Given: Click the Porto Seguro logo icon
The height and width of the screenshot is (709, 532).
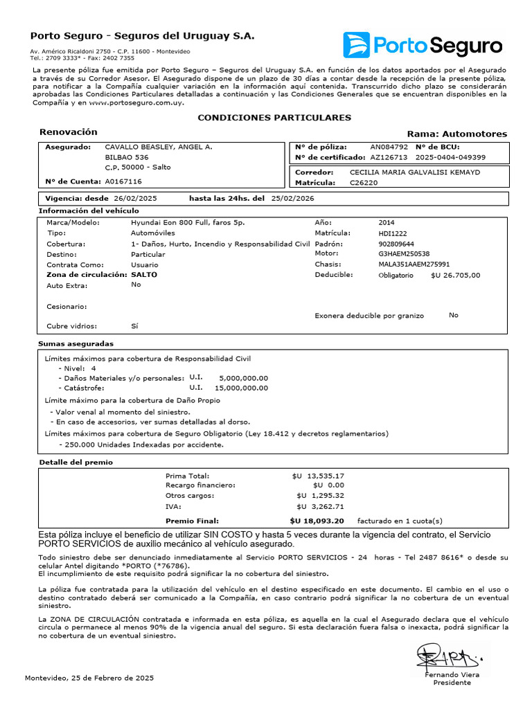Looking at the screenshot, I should click(357, 45).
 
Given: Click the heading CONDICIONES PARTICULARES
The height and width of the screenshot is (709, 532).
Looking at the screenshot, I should click(274, 118).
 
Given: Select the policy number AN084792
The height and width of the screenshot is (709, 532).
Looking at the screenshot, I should click(389, 147).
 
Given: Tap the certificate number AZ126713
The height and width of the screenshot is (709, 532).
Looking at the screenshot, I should click(389, 157).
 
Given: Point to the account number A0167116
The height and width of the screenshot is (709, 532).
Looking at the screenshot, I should click(123, 181).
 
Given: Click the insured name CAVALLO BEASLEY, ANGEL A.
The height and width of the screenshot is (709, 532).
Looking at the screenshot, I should click(158, 147).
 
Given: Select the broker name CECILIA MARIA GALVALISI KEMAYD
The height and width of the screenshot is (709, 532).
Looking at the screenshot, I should click(415, 172).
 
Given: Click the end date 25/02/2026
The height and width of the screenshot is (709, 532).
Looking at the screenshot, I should click(293, 199).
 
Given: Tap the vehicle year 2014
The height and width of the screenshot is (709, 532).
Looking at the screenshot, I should click(387, 223).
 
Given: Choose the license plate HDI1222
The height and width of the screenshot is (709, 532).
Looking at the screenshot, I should click(392, 233).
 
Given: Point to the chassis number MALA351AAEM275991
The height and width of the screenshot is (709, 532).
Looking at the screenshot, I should click(414, 264).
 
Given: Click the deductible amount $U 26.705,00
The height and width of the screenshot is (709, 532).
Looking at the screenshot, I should click(455, 275).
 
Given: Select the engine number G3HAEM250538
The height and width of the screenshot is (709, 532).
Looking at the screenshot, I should click(404, 254).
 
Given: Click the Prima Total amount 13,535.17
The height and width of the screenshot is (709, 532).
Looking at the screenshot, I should click(326, 476).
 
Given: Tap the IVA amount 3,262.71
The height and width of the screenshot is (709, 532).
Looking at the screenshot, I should click(328, 506).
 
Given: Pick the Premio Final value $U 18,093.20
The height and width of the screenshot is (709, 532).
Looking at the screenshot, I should click(317, 521).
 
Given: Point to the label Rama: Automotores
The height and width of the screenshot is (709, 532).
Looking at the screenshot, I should click(456, 134).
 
